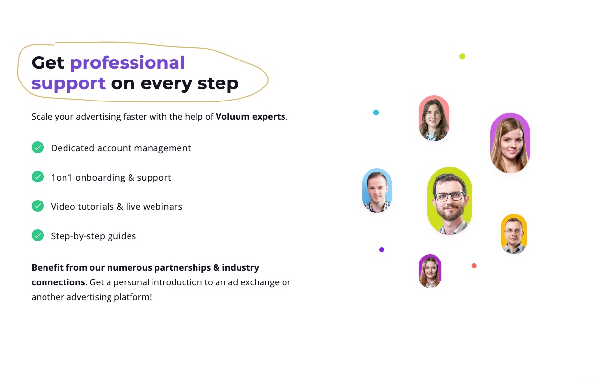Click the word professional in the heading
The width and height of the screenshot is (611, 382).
[x=128, y=63]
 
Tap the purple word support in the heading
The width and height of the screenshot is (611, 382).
[x=68, y=83]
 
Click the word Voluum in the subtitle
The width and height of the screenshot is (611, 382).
[x=232, y=117]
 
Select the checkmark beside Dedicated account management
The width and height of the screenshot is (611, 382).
[x=38, y=147]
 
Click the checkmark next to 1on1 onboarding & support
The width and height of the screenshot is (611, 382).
[x=38, y=177]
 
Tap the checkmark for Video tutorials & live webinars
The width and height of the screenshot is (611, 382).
[x=38, y=206]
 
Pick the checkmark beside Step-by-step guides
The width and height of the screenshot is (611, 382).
[x=38, y=235]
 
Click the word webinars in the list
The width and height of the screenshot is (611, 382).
[x=163, y=207]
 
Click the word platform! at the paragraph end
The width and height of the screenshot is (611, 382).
[x=133, y=297]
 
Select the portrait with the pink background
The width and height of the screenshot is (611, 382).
[x=434, y=118]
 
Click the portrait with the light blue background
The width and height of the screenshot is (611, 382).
[x=377, y=190]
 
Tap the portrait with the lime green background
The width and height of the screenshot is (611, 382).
[x=450, y=201]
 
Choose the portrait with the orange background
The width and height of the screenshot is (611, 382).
[x=514, y=234]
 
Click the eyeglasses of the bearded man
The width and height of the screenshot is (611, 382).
[x=450, y=196]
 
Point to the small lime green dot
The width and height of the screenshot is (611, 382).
[x=462, y=56]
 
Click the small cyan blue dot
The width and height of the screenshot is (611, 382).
[x=376, y=112]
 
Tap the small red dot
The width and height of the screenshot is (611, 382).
[x=474, y=266]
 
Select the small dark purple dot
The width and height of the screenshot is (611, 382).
[x=382, y=250]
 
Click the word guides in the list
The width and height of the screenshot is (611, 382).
[x=122, y=236]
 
